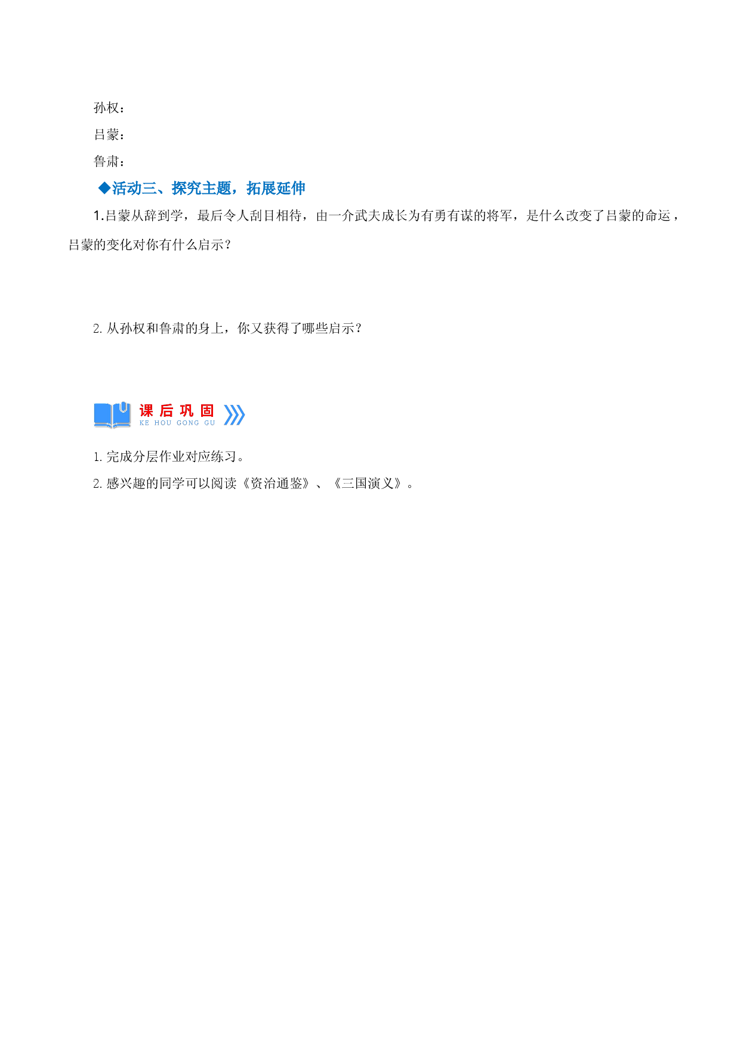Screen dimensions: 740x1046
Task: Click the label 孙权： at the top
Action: pyautogui.click(x=109, y=108)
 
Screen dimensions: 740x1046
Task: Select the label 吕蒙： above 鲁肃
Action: pyautogui.click(x=109, y=135)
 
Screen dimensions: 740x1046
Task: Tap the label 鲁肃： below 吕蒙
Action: pyautogui.click(x=109, y=162)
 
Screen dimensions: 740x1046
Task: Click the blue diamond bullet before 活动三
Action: pyautogui.click(x=104, y=188)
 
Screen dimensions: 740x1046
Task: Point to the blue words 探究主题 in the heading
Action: pyautogui.click(x=201, y=188)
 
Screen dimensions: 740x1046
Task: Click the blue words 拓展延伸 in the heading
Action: pyautogui.click(x=276, y=188)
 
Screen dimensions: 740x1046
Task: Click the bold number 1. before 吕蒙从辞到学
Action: pyautogui.click(x=98, y=216)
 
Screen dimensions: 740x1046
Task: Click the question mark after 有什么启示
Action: pyautogui.click(x=227, y=245)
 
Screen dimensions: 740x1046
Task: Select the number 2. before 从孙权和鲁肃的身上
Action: pyautogui.click(x=98, y=329)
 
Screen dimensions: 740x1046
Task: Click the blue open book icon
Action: pyautogui.click(x=112, y=414)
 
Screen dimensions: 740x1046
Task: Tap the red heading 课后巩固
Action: pyautogui.click(x=177, y=410)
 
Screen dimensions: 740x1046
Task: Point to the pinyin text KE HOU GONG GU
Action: pyautogui.click(x=177, y=423)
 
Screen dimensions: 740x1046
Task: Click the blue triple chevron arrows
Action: pyautogui.click(x=234, y=414)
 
